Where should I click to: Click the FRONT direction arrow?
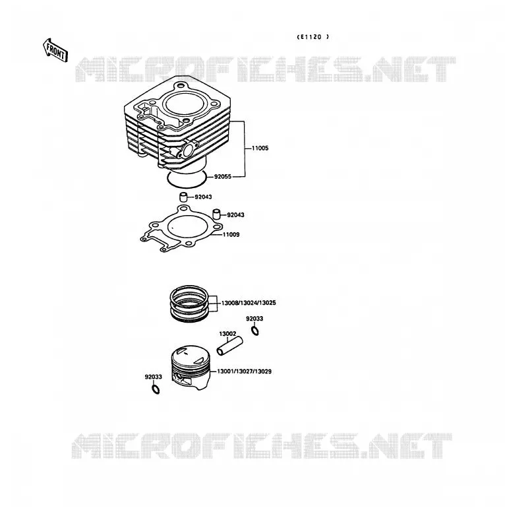(55, 50)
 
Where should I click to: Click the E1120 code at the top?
(313, 37)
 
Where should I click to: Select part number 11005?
(260, 148)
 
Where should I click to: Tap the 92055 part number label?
(223, 177)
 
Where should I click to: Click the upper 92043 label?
(203, 197)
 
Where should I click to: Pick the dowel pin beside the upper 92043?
(183, 197)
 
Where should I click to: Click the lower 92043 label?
(236, 215)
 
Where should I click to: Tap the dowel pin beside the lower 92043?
(216, 214)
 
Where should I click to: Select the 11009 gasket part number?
(231, 235)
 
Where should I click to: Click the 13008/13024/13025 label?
(249, 303)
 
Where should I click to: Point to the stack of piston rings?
(189, 304)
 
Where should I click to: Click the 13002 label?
(227, 334)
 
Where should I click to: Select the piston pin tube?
(230, 346)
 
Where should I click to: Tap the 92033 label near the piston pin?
(254, 319)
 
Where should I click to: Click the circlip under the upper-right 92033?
(254, 331)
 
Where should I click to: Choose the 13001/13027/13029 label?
(245, 371)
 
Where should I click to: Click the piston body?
(191, 368)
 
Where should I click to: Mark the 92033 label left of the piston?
(153, 377)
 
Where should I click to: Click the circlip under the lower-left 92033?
(156, 389)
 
